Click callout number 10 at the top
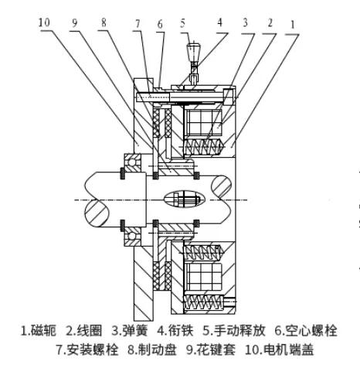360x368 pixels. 44,22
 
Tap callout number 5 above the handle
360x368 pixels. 182,23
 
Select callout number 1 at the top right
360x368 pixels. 293,25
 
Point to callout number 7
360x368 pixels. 138,24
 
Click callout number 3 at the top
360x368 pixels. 245,22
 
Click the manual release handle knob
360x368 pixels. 193,52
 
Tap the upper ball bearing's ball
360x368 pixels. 131,163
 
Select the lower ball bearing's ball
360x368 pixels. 131,236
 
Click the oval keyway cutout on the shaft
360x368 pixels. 185,199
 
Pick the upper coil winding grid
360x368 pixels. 203,122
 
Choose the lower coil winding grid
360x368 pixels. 203,277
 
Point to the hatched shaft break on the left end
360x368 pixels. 97,213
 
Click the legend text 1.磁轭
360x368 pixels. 38,331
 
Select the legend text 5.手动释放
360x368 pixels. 234,331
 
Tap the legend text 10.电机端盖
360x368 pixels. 280,350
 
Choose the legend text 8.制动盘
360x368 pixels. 152,350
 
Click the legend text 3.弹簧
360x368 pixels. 130,331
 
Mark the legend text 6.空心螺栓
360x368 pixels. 306,331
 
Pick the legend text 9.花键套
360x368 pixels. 211,350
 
